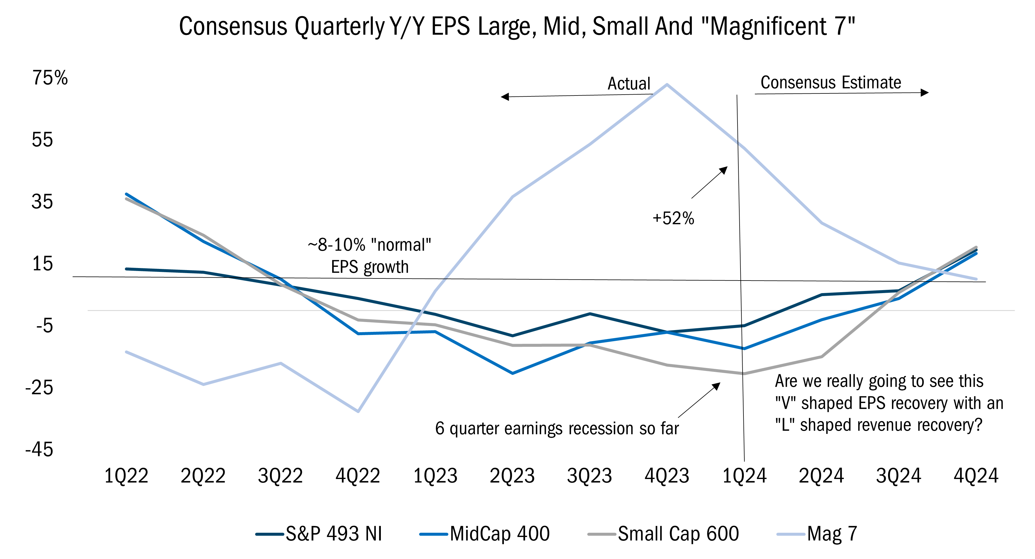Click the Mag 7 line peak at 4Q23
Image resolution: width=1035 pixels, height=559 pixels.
pyautogui.click(x=667, y=84)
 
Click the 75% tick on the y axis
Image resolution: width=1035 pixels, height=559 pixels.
pyautogui.click(x=50, y=78)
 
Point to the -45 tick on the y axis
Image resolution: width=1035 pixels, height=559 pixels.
pyautogui.click(x=39, y=449)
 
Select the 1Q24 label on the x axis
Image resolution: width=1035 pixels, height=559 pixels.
pyautogui.click(x=744, y=476)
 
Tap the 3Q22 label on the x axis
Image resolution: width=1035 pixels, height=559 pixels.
pyautogui.click(x=280, y=476)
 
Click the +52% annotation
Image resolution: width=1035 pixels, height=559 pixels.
pyautogui.click(x=673, y=218)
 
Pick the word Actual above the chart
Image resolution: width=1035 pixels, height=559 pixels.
pyautogui.click(x=629, y=84)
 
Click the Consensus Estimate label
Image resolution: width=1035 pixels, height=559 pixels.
pyautogui.click(x=830, y=82)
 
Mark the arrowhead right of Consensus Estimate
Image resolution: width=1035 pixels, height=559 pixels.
pyautogui.click(x=924, y=93)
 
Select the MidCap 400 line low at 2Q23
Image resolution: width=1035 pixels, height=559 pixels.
pyautogui.click(x=512, y=373)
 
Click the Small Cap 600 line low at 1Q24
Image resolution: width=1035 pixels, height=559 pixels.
pyautogui.click(x=743, y=373)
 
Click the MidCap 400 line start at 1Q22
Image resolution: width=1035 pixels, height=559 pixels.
pyautogui.click(x=127, y=194)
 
